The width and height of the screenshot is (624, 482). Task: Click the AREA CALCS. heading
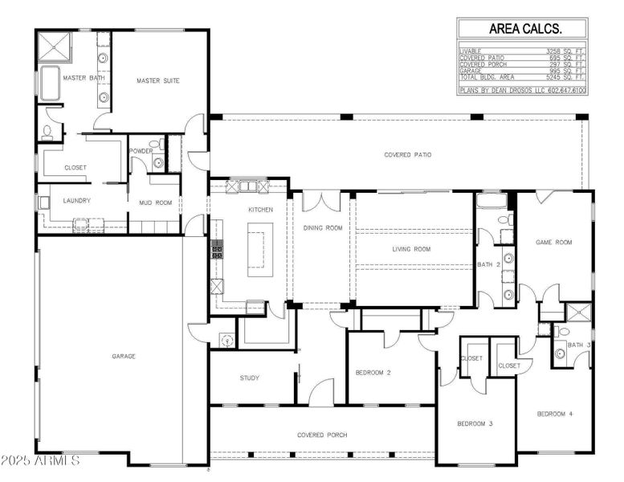tap(522, 28)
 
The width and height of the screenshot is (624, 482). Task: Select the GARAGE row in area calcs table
tap(522, 70)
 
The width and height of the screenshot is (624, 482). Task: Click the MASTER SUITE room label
tap(157, 81)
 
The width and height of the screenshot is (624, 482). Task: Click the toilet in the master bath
tap(48, 130)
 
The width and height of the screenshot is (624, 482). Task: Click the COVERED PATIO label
tap(407, 155)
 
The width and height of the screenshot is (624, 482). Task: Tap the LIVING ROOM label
tap(411, 250)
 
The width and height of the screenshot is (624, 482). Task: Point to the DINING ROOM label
tap(322, 228)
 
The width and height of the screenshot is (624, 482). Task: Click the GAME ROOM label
tap(553, 242)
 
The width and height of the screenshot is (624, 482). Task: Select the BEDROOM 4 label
tap(555, 414)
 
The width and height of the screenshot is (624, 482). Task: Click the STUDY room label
tap(250, 378)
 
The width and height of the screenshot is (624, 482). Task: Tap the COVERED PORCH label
tap(321, 435)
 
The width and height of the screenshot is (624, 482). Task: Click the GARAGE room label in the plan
tap(123, 356)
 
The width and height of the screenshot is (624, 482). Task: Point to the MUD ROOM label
tap(155, 203)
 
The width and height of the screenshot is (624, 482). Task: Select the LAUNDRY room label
tap(77, 201)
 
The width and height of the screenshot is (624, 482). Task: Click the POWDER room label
tap(141, 151)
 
